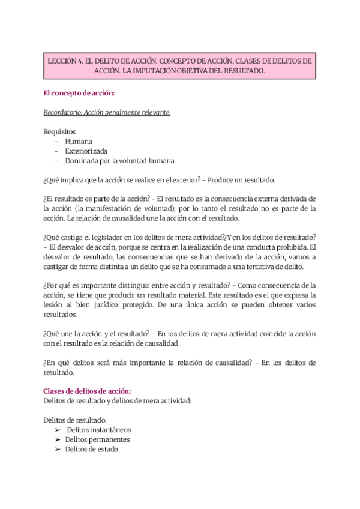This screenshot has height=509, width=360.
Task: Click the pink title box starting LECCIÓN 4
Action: point(180,65)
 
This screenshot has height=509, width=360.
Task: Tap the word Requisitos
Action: point(60,131)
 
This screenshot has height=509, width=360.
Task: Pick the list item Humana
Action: point(79,141)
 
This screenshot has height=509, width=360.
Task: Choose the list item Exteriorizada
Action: point(86,151)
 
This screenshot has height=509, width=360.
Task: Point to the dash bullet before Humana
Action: point(56,141)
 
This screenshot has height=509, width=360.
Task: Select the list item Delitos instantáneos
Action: point(99,430)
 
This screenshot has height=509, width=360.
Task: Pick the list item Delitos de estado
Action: point(91,449)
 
